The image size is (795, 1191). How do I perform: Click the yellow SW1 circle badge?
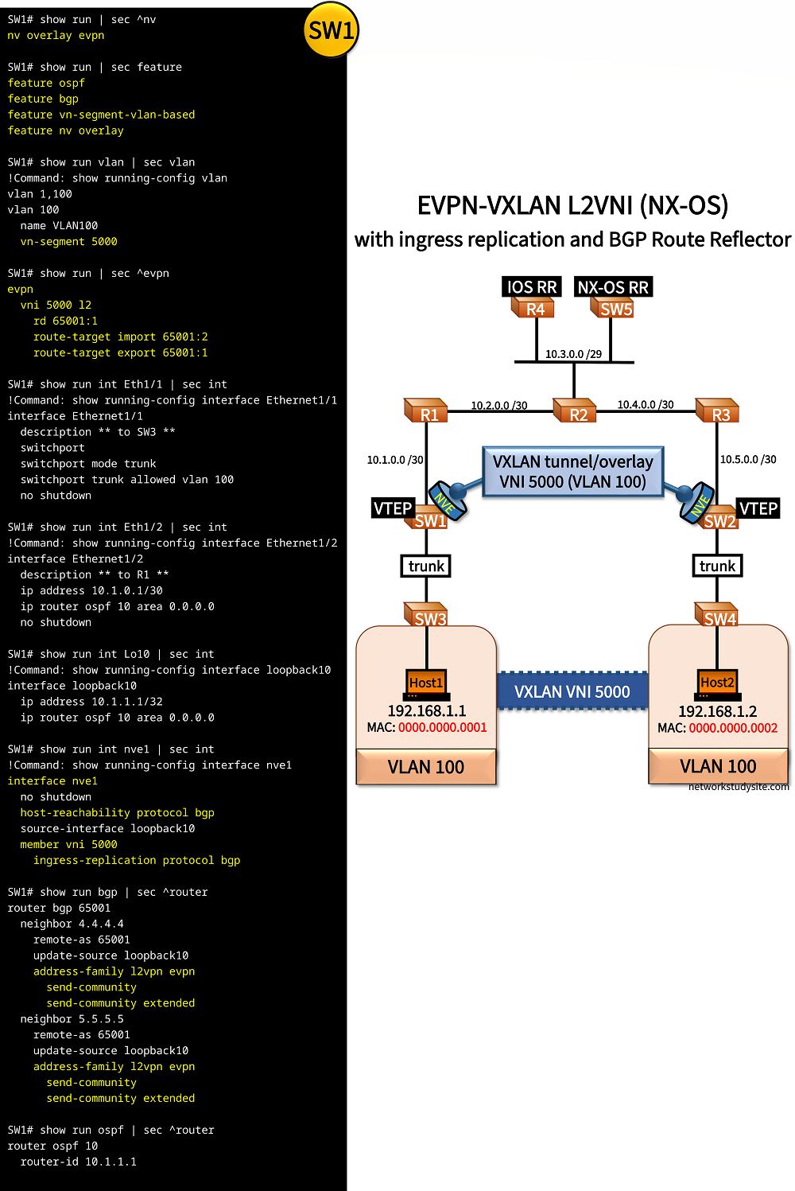[x=332, y=30]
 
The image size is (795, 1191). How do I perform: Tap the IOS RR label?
[x=532, y=287]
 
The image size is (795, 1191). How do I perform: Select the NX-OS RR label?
[x=613, y=287]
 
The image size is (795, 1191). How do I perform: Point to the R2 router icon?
[x=576, y=412]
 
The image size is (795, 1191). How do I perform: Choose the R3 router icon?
[x=719, y=412]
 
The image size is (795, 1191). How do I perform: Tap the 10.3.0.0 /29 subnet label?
[x=573, y=354]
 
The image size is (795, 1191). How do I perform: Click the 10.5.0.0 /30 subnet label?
[x=748, y=459]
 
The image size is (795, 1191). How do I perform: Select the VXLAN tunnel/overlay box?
[x=572, y=472]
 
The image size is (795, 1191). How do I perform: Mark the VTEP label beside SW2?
[x=758, y=508]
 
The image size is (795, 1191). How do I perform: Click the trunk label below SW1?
[x=426, y=566]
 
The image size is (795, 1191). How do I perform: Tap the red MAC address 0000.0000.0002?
[x=733, y=728]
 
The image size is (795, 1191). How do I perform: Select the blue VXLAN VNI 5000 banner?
[x=572, y=691]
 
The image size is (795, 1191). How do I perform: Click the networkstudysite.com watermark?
[x=739, y=787]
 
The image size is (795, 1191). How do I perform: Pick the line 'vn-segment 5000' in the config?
[x=69, y=241]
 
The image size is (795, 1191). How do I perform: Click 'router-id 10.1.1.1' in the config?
[x=79, y=1162]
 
